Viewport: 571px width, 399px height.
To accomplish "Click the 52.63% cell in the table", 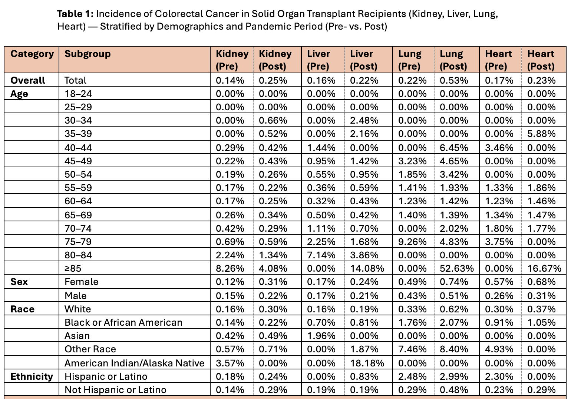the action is [x=456, y=268].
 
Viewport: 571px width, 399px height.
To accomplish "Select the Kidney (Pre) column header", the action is [x=232, y=60].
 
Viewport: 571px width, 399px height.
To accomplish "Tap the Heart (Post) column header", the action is [x=541, y=60].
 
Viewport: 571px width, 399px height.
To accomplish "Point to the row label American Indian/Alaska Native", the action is [x=134, y=363].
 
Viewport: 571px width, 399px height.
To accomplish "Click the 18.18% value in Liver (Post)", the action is [x=367, y=363].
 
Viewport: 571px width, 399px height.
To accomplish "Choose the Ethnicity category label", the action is [x=32, y=376].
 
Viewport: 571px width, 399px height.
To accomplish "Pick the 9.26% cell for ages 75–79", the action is [x=412, y=242].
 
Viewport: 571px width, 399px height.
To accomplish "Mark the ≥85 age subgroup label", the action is [x=73, y=268].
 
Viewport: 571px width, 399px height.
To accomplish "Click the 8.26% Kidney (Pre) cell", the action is [x=230, y=268].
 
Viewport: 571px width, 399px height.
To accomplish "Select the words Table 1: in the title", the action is [x=76, y=14].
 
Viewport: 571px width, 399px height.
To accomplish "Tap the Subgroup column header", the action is [x=88, y=54].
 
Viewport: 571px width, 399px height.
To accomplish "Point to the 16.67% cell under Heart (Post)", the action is [x=544, y=268].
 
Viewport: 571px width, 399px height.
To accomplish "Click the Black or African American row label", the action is [x=123, y=322].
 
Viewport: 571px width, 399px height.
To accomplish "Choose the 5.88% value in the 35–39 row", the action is [x=541, y=134].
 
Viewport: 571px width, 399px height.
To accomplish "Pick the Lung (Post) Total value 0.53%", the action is [x=454, y=80].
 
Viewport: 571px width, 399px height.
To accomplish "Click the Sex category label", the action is [x=19, y=282].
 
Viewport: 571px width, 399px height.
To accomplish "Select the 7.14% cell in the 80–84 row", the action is [x=321, y=255].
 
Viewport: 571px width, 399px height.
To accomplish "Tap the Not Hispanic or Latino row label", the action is [x=115, y=390].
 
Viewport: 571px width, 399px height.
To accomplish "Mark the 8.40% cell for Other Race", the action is [x=454, y=349].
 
